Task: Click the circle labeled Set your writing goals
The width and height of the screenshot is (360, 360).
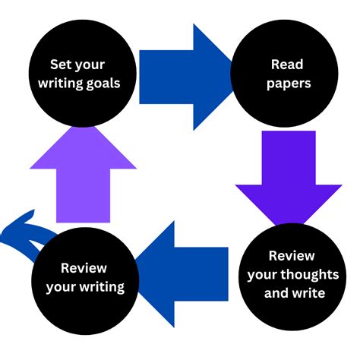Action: [x=83, y=74]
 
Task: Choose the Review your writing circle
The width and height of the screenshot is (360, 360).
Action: [x=84, y=277]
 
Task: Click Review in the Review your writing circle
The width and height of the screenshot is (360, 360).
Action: [x=84, y=267]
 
